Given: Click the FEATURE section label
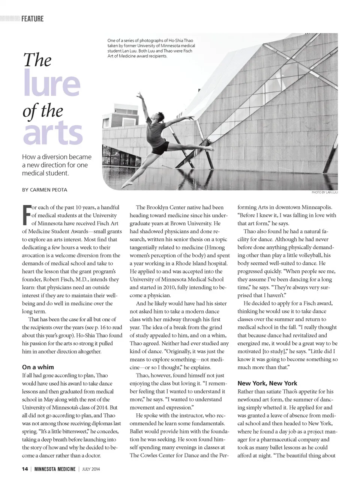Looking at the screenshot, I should click(32, 19).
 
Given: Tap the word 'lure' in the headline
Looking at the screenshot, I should click(51, 83).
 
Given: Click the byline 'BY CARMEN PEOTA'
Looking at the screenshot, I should click(45, 190).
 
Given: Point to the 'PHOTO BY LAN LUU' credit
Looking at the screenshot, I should click(324, 193).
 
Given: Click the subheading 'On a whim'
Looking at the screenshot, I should click(38, 367).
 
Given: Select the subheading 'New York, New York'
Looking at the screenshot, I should click(267, 383).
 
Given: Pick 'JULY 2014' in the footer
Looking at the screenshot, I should click(91, 469).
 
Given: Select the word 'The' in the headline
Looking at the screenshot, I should click(37, 60).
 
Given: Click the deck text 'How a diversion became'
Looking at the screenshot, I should click(57, 157).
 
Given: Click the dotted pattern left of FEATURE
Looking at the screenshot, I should click(10, 18).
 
